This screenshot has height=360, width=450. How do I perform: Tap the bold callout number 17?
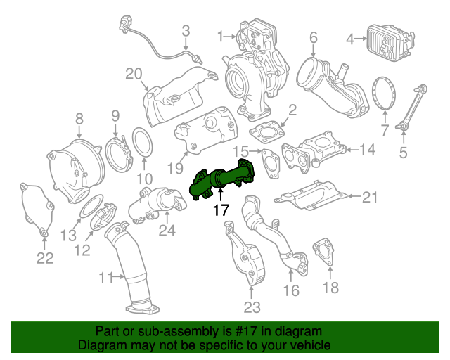click(x=220, y=210)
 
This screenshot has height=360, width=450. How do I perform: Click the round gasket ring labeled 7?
click(x=383, y=94)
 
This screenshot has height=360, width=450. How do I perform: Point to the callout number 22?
click(x=45, y=258)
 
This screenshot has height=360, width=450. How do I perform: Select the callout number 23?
click(x=252, y=307)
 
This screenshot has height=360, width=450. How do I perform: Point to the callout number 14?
click(x=368, y=149)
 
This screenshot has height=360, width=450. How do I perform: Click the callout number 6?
click(x=313, y=37)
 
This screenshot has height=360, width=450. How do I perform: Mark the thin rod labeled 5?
click(x=406, y=106)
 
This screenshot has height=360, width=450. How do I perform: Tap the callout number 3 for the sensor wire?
click(x=186, y=30)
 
